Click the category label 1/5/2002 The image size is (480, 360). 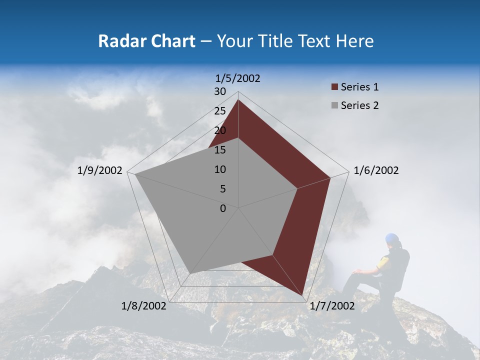pyautogui.click(x=238, y=78)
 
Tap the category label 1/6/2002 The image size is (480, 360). pyautogui.click(x=376, y=170)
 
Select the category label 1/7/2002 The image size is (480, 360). pyautogui.click(x=332, y=306)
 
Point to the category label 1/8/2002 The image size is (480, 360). pyautogui.click(x=144, y=306)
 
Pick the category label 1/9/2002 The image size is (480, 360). pyautogui.click(x=100, y=170)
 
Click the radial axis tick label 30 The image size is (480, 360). pyautogui.click(x=220, y=91)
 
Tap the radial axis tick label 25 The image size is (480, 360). pyautogui.click(x=220, y=111)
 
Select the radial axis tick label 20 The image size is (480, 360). pyautogui.click(x=220, y=130)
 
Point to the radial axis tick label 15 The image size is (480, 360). pyautogui.click(x=220, y=150)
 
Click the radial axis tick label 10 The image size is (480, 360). pyautogui.click(x=220, y=169)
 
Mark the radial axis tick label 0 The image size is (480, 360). pyautogui.click(x=223, y=208)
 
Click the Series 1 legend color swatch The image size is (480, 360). pyautogui.click(x=334, y=87)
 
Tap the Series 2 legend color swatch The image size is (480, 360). pyautogui.click(x=334, y=105)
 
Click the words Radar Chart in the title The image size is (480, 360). pyautogui.click(x=146, y=41)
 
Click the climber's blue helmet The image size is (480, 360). pyautogui.click(x=392, y=238)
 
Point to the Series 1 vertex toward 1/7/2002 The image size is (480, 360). pyautogui.click(x=303, y=296)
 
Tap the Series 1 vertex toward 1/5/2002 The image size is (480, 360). pyautogui.click(x=238, y=100)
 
